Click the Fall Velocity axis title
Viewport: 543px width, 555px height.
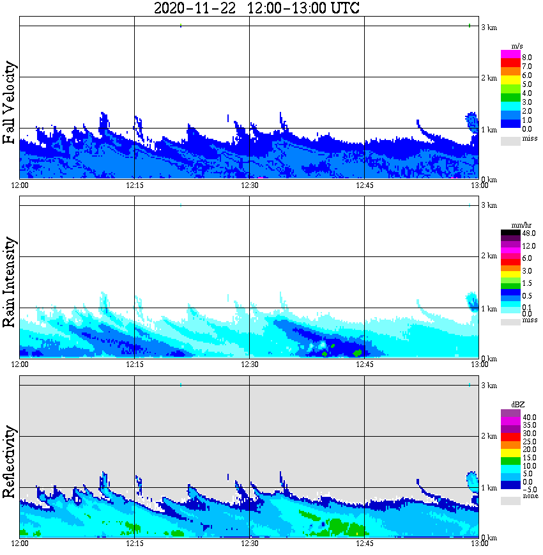(x=10, y=103)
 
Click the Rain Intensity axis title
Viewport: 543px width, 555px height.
(x=10, y=282)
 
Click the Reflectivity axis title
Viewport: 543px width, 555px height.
(x=10, y=458)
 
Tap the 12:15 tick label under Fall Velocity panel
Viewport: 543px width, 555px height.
(x=134, y=185)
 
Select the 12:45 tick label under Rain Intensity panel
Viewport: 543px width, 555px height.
(x=364, y=364)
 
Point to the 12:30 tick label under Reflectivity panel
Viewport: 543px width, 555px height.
(x=249, y=544)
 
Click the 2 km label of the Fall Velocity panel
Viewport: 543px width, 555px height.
(x=489, y=78)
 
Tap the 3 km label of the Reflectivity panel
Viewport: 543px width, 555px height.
(x=489, y=385)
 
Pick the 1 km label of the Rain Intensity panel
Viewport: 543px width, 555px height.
(x=489, y=309)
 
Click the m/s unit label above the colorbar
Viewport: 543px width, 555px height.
(x=518, y=45)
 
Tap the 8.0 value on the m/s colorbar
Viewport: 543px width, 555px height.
(x=526, y=57)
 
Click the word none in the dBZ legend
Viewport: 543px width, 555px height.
(x=530, y=496)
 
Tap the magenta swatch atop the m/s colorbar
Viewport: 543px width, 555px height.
(x=510, y=54)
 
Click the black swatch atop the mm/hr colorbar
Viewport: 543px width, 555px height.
(x=510, y=233)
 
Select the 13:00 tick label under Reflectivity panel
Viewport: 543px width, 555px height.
(x=479, y=544)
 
